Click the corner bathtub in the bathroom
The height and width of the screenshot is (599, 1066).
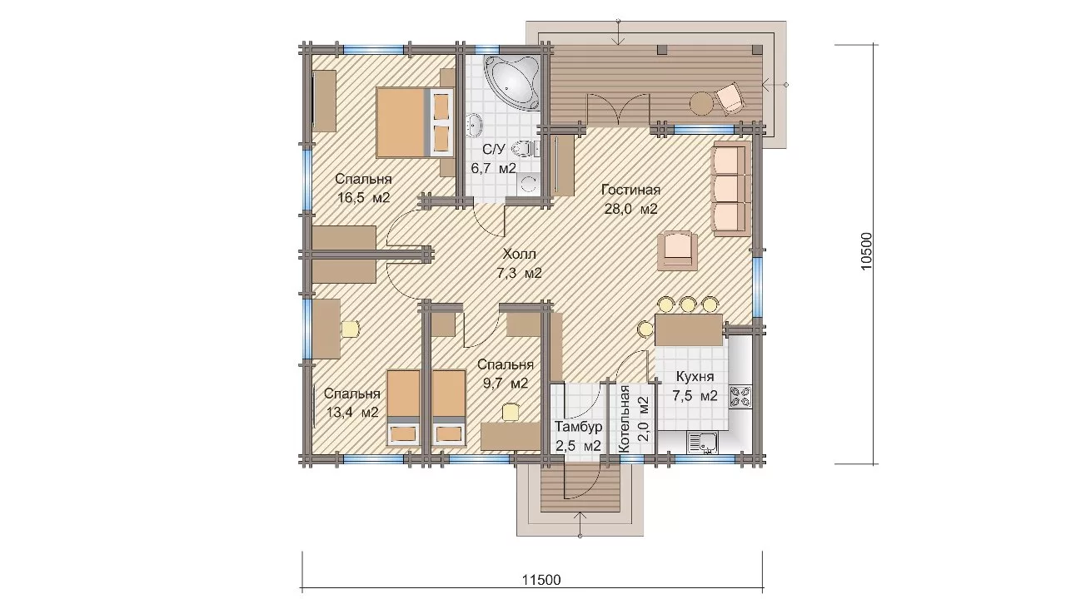pyautogui.click(x=512, y=81)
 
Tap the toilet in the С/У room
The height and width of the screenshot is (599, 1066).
pyautogui.click(x=524, y=149)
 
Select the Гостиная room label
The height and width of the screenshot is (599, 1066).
pyautogui.click(x=630, y=191)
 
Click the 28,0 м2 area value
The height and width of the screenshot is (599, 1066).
pyautogui.click(x=630, y=209)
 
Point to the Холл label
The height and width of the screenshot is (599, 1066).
pyautogui.click(x=519, y=255)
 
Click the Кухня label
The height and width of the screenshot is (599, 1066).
pyautogui.click(x=695, y=377)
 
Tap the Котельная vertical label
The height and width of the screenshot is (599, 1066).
pyautogui.click(x=625, y=418)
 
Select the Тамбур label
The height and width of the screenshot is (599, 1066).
pyautogui.click(x=579, y=427)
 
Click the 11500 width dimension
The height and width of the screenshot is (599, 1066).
pyautogui.click(x=541, y=580)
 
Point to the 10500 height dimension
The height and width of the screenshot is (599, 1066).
pyautogui.click(x=867, y=251)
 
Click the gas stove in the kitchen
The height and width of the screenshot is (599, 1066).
pyautogui.click(x=741, y=398)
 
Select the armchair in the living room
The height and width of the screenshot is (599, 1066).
pyautogui.click(x=678, y=250)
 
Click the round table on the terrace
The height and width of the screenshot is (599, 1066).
pyautogui.click(x=701, y=102)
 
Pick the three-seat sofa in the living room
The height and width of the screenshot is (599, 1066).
pyautogui.click(x=731, y=188)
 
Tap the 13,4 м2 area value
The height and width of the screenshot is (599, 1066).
pyautogui.click(x=352, y=412)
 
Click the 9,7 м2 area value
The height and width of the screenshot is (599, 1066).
pyautogui.click(x=506, y=384)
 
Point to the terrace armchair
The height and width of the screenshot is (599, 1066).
pyautogui.click(x=729, y=98)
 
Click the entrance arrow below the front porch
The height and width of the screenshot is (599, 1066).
pyautogui.click(x=580, y=524)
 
